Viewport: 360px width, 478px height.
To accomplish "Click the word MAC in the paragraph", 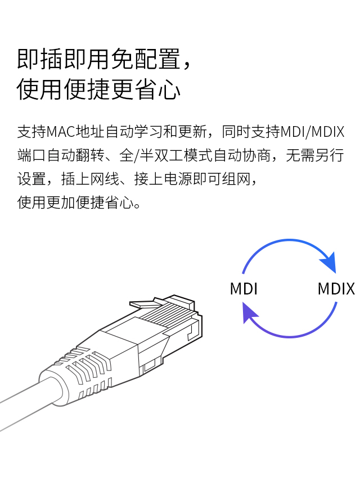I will (x=57, y=133).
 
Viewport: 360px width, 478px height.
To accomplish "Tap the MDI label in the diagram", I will (x=244, y=289).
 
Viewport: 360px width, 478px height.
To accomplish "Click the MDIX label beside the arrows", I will (x=336, y=289).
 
